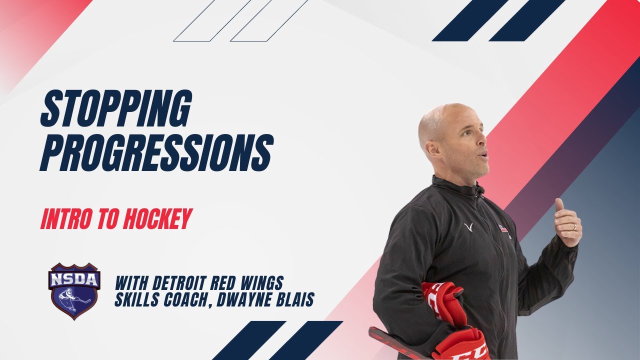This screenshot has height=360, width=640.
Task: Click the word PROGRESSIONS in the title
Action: (156, 152)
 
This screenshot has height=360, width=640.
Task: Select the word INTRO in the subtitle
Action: (65, 220)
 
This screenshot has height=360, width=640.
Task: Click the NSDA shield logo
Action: (74, 290)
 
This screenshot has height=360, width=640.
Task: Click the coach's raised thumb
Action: (559, 205)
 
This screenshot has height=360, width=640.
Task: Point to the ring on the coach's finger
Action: (574, 227)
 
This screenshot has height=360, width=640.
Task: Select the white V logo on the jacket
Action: (468, 227)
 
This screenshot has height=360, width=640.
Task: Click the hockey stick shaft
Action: (395, 342)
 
